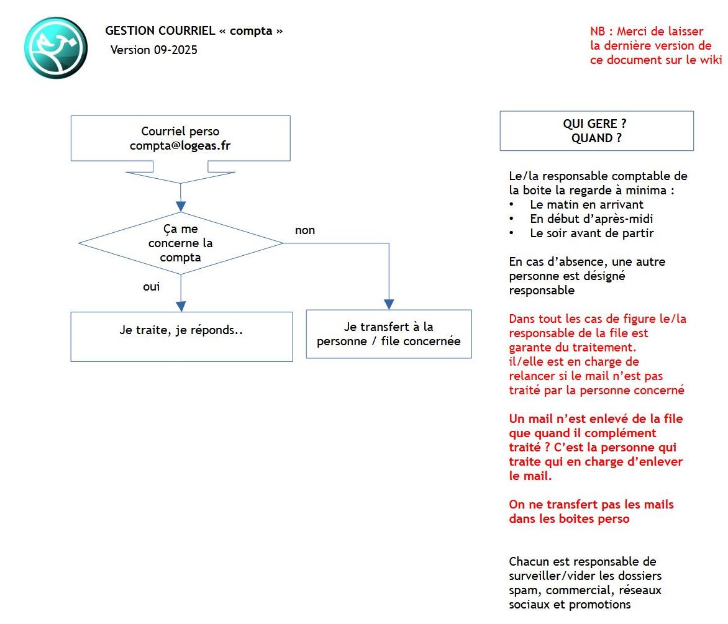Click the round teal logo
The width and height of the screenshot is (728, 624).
55,48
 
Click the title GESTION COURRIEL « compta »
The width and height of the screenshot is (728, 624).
194,30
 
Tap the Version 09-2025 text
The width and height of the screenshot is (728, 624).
154,50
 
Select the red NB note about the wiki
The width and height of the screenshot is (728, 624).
655,45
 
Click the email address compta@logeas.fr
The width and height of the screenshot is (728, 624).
180,146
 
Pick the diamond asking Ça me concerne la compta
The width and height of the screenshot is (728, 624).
180,243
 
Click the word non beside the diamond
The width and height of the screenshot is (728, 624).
305,230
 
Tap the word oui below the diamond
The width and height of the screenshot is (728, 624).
152,287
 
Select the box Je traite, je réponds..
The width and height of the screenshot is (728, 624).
181,336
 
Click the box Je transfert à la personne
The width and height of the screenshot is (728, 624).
389,334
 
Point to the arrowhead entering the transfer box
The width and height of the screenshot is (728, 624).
389,304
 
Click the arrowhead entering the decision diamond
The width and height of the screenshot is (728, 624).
180,206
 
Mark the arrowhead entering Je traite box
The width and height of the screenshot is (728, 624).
181,306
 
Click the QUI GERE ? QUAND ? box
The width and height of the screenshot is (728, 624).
596,131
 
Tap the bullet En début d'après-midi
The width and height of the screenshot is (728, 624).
591,219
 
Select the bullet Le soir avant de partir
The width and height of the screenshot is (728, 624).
591,233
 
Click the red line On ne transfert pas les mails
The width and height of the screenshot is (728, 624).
591,504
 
